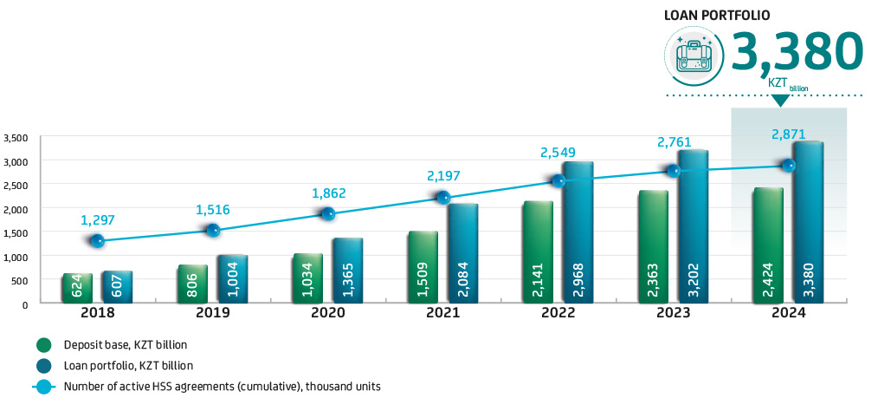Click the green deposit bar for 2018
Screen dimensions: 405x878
coord(77,288)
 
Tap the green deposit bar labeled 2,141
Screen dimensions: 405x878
coord(538,251)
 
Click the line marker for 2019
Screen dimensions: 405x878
coord(213,230)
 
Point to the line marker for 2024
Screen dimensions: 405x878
coord(788,165)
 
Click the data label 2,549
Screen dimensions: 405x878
coord(558,152)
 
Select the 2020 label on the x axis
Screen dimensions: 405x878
coord(328,313)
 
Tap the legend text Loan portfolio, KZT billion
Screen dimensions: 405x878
coord(129,365)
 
